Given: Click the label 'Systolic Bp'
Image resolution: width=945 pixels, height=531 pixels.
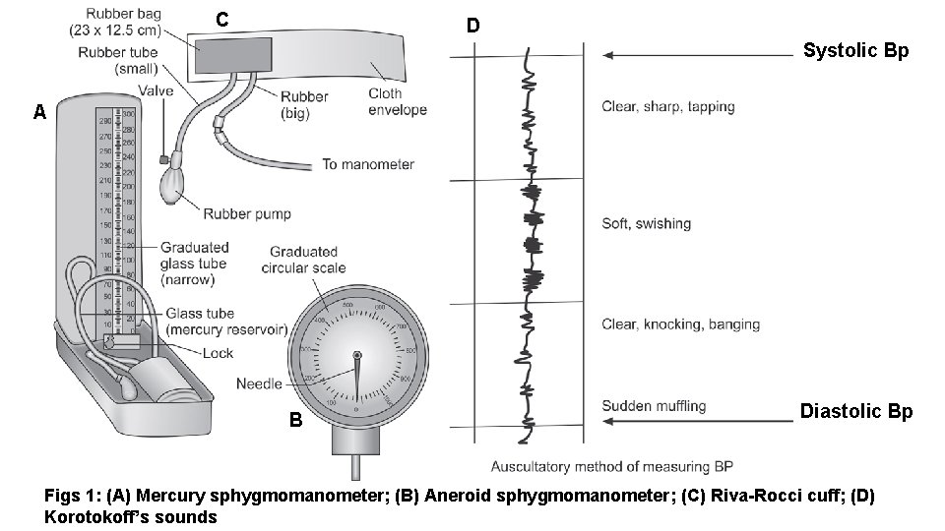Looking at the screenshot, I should pos(855,50).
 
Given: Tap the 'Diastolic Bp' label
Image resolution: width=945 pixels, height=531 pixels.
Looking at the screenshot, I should pos(855,411).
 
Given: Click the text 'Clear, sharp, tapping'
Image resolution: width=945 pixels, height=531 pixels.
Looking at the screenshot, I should pos(667,107).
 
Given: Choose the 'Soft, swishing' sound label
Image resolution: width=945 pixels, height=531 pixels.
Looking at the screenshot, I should pos(646,223).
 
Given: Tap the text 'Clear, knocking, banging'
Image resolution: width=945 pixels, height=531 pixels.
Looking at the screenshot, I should pos(680,324).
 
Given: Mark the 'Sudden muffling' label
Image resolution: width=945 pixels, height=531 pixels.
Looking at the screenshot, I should pos(654,405).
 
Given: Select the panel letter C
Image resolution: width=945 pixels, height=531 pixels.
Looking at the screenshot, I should pos(223,20).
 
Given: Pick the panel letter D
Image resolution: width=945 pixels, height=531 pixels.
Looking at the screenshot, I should pos(473,26).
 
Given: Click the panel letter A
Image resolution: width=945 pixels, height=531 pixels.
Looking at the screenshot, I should pos(39,112).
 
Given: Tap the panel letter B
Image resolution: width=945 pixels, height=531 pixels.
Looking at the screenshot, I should pos(295,420).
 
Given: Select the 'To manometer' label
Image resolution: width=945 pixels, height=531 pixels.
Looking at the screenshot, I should pos(368,164).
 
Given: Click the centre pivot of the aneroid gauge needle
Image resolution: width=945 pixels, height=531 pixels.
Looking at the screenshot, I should pos(356,355).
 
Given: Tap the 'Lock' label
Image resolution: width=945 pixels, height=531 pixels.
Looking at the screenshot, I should pos(218,353).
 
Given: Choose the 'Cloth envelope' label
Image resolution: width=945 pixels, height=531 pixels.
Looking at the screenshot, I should pos(398,101).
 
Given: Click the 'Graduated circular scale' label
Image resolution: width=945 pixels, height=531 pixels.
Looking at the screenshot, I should pos(303,260).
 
